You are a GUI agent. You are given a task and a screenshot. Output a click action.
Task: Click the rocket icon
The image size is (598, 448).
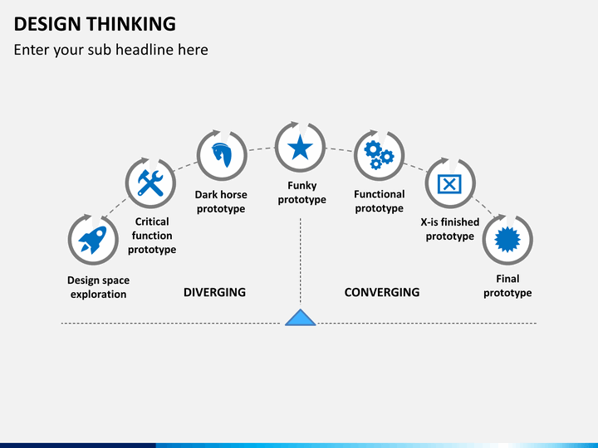(93, 240)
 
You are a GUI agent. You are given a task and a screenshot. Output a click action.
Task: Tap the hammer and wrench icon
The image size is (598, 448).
(150, 183)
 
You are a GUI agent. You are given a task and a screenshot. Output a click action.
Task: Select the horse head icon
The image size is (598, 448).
(222, 155)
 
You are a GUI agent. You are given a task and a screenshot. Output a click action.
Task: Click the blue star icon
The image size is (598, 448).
(300, 148)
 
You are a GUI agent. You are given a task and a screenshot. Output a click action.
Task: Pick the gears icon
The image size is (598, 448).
(379, 155)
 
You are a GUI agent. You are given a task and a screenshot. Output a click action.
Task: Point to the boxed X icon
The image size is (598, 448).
(449, 184)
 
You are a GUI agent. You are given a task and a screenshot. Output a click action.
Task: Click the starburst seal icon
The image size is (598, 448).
(507, 240)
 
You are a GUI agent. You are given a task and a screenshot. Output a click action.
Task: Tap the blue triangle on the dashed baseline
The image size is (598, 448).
(301, 318)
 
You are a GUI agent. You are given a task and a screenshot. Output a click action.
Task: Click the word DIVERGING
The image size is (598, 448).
(215, 292)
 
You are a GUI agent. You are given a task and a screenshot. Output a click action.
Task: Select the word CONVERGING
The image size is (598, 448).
(382, 292)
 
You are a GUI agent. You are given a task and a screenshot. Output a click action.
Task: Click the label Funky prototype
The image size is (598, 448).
(301, 192)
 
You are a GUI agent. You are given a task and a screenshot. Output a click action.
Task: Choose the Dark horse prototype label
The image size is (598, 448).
(221, 202)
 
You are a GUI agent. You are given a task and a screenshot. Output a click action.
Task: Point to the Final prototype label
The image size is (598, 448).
(507, 285)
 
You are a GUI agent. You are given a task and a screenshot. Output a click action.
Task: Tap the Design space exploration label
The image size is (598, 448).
(98, 287)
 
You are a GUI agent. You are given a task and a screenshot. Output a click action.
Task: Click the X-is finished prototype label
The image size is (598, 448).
(450, 229)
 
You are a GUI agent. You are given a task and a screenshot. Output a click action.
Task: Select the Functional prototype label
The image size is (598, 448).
(379, 201)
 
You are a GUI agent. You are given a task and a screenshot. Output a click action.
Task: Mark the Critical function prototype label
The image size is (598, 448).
(152, 236)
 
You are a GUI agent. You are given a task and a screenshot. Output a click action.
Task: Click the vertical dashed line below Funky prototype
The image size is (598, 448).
(301, 263)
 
